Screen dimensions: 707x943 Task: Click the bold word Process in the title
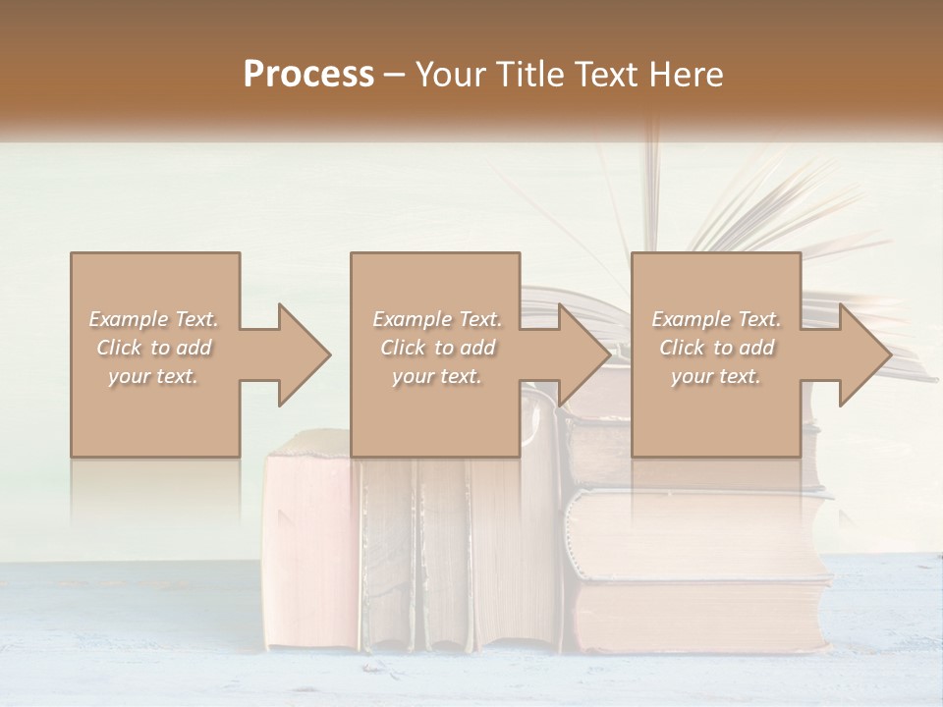pyautogui.click(x=308, y=75)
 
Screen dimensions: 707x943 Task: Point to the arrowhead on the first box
pyautogui.click(x=301, y=354)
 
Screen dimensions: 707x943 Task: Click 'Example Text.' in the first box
pyautogui.click(x=154, y=319)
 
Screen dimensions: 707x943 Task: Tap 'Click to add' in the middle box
pyautogui.click(x=437, y=348)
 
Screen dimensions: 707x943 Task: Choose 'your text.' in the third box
pyautogui.click(x=716, y=376)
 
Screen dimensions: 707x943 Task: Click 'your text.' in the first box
pyautogui.click(x=154, y=376)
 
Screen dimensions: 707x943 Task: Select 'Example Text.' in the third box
pyautogui.click(x=716, y=319)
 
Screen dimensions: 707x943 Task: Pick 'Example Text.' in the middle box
pyautogui.click(x=437, y=319)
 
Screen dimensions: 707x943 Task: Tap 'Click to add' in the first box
pyautogui.click(x=154, y=348)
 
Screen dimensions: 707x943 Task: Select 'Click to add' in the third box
pyautogui.click(x=716, y=348)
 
